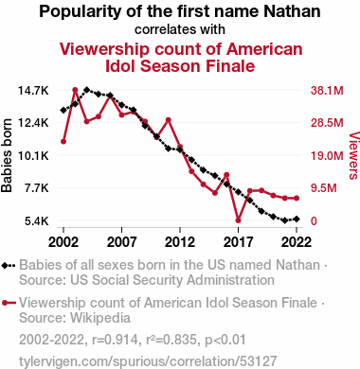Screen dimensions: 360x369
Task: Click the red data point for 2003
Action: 75,90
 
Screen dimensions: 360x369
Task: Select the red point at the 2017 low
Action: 238,220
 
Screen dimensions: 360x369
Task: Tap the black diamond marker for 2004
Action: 87,90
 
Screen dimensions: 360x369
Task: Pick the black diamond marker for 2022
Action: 297,219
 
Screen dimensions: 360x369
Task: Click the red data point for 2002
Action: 63,142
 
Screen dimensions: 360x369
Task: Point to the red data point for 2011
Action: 169,120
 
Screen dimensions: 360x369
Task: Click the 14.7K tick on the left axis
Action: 33,91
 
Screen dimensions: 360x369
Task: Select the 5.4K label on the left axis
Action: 37,221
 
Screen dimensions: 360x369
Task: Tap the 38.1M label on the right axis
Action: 327,91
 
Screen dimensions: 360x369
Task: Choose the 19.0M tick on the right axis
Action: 327,156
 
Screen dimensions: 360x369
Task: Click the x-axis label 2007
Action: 121,242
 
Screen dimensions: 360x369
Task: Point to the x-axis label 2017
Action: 238,242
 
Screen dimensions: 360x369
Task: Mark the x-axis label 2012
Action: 180,242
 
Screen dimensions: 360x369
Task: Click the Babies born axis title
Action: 7,156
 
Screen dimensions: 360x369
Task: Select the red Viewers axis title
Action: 354,156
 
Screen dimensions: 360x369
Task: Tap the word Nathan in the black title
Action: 292,11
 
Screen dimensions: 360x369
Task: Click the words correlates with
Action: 180,29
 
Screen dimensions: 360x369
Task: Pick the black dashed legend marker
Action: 9,266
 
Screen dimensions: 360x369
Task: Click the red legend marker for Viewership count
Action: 9,303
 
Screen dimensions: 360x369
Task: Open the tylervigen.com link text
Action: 148,361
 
